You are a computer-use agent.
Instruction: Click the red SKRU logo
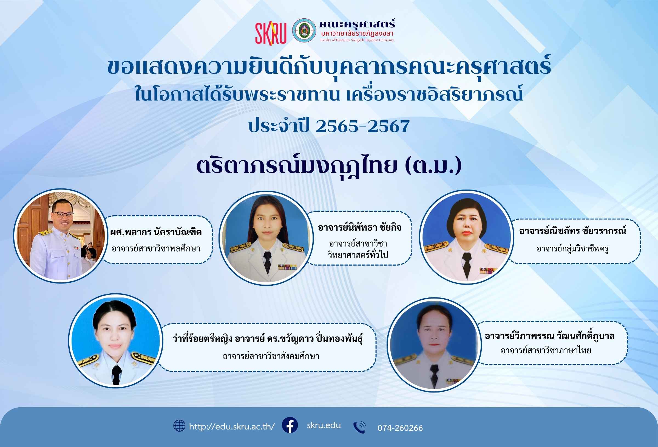click(271, 34)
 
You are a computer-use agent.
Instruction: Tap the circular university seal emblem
click(304, 31)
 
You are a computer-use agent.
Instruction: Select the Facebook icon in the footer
click(290, 425)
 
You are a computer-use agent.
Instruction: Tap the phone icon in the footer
click(360, 427)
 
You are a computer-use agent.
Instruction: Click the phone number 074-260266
click(400, 428)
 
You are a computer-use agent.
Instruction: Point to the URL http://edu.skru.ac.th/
click(232, 426)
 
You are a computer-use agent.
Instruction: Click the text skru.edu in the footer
click(324, 425)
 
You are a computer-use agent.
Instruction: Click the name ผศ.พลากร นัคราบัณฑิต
click(156, 232)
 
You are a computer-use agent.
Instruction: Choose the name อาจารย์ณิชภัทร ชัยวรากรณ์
click(573, 231)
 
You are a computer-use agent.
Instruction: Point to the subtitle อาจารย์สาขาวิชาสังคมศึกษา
click(271, 356)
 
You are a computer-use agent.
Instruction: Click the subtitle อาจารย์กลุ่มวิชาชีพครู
click(572, 249)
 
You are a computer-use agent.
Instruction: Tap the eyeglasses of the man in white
click(63, 215)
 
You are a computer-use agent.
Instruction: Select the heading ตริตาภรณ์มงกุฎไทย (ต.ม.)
click(329, 166)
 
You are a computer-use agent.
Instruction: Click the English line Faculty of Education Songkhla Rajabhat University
click(357, 40)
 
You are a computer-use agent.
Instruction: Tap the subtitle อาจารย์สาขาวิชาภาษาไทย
click(546, 351)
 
